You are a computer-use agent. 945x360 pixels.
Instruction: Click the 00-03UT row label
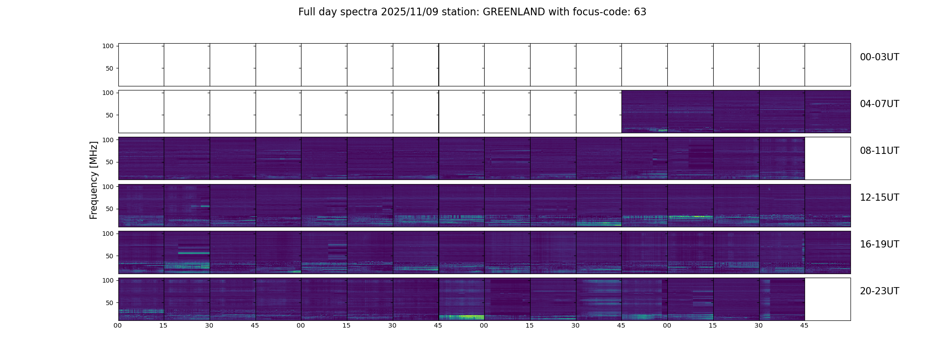[879, 57]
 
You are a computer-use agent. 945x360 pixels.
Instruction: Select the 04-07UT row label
[879, 104]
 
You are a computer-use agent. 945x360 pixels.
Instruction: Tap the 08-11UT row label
[879, 151]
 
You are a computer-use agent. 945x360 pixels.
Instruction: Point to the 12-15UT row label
[879, 198]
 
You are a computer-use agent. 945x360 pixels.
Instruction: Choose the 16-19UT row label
[879, 244]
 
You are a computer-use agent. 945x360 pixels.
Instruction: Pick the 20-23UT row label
[879, 291]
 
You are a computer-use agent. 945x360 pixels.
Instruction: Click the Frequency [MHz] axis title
[94, 180]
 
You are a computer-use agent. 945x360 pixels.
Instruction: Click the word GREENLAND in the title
[513, 12]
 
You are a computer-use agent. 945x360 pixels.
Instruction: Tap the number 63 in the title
[640, 12]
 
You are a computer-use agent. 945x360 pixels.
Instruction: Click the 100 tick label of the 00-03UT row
[108, 46]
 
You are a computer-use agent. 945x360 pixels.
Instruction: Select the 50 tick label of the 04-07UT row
[110, 116]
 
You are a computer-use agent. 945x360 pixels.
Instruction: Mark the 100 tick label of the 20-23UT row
[108, 280]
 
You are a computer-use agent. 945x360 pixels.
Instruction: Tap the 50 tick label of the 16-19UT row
[110, 256]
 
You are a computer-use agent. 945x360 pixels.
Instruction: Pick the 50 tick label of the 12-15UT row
[110, 209]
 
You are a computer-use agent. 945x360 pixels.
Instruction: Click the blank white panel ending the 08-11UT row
[827, 158]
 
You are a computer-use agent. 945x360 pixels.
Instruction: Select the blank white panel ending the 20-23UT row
[827, 299]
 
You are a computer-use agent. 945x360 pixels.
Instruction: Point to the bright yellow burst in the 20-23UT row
[468, 317]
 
